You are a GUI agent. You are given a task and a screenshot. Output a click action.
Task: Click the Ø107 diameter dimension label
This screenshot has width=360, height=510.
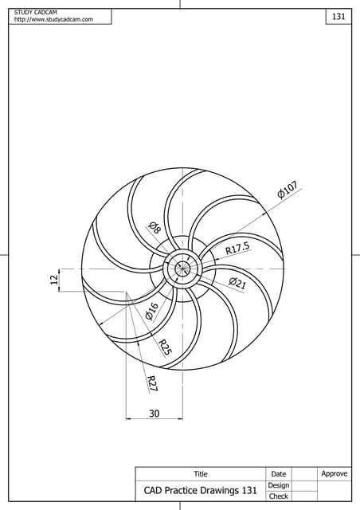[x=288, y=190]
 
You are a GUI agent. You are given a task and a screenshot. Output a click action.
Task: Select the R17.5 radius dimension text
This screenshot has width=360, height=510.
[x=237, y=249]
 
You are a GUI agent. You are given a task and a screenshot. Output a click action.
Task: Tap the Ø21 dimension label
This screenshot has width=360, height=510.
[x=237, y=283]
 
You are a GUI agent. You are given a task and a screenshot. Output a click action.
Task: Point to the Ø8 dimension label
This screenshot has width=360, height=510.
[x=155, y=229]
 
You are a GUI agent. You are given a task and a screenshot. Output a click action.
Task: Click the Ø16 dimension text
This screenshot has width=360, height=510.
[x=151, y=311]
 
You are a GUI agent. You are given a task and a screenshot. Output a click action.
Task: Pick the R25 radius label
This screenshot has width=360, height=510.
[x=165, y=347]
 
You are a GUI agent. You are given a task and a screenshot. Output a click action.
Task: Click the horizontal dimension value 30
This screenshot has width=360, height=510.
[x=154, y=413]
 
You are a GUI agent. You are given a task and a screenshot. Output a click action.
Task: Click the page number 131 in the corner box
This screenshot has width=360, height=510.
[x=338, y=17]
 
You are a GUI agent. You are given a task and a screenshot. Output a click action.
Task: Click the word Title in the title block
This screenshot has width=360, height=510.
[x=201, y=474]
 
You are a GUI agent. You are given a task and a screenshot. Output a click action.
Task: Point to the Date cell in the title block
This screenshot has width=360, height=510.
[x=278, y=474]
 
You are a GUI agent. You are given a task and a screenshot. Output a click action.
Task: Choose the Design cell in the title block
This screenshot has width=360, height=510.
[x=278, y=485]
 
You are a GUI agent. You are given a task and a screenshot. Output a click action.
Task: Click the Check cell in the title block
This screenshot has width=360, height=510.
[x=278, y=496]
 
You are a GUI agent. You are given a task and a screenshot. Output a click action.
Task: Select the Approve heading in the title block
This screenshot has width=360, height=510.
[x=334, y=473]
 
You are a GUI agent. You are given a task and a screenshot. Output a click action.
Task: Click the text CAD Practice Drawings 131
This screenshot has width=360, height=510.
[x=200, y=491]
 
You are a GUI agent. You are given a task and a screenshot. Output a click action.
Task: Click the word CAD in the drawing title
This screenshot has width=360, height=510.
[x=153, y=491]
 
